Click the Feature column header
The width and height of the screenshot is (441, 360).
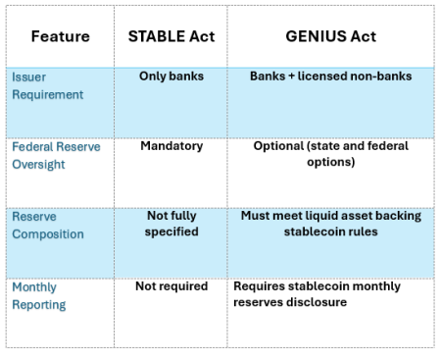[x=60, y=36]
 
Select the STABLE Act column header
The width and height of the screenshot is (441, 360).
[x=171, y=36]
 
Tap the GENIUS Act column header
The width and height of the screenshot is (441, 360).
[x=330, y=36]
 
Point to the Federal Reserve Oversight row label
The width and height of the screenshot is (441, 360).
[x=56, y=155]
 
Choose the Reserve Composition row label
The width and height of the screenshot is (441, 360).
[x=48, y=225]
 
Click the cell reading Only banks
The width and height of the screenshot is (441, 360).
[x=171, y=76]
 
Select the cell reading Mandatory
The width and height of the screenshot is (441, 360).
[x=171, y=146]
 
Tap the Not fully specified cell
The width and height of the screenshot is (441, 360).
[x=171, y=224]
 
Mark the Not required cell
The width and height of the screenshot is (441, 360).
[x=171, y=286]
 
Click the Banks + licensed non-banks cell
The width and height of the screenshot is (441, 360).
[x=331, y=76]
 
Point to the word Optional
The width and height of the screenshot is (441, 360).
[x=278, y=146]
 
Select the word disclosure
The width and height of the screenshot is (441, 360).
[x=316, y=302]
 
